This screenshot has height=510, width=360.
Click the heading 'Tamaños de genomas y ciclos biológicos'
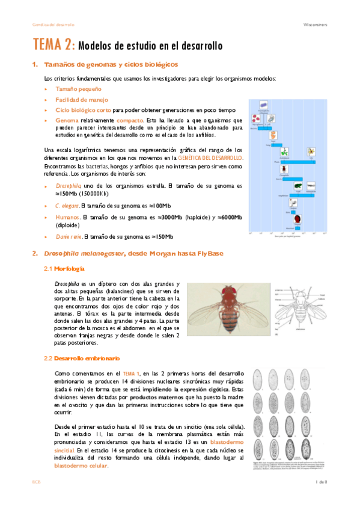click(111, 65)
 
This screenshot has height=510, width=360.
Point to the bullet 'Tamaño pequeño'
click(75, 89)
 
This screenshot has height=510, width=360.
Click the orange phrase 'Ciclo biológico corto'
click(83, 111)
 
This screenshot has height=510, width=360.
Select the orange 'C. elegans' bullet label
click(67, 206)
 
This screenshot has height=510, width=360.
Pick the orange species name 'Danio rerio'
click(69, 236)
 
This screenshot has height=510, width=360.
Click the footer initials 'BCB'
click(36, 483)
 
